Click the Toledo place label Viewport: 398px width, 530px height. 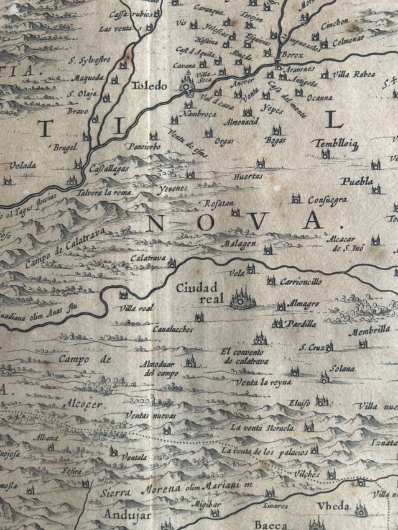coord(148,86)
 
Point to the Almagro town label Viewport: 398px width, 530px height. coord(303,303)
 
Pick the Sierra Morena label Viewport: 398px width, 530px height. coord(142,490)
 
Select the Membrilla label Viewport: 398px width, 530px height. coord(369,332)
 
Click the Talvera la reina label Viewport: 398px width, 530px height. coord(104,193)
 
